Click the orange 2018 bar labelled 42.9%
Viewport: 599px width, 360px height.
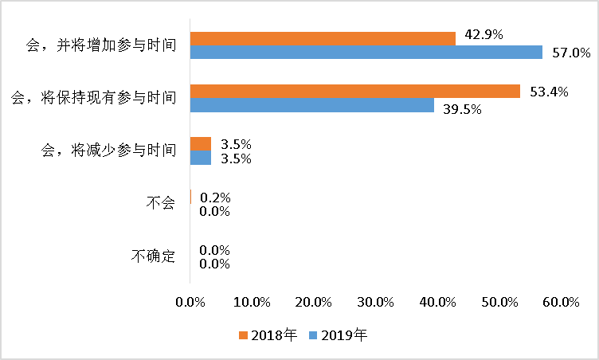pyautogui.click(x=323, y=38)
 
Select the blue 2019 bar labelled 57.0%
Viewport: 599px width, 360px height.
pyautogui.click(x=366, y=53)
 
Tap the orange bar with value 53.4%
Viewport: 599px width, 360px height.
pyautogui.click(x=354, y=91)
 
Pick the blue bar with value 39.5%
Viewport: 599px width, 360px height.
pyautogui.click(x=312, y=105)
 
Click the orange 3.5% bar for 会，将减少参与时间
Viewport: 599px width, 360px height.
pyautogui.click(x=201, y=143)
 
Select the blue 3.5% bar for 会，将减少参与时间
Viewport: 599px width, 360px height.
pyautogui.click(x=201, y=158)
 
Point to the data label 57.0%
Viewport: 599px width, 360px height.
pyautogui.click(x=570, y=53)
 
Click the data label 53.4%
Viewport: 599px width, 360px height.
pyautogui.click(x=548, y=92)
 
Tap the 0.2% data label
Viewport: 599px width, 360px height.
pyautogui.click(x=215, y=197)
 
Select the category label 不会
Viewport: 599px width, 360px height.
pyautogui.click(x=160, y=204)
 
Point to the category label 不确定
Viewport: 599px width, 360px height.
pyautogui.click(x=153, y=256)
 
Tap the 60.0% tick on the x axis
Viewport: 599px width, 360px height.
pyautogui.click(x=561, y=302)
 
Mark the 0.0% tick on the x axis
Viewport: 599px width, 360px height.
pyautogui.click(x=190, y=302)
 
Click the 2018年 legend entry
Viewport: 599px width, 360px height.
pyautogui.click(x=268, y=335)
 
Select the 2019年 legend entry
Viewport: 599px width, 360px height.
pyautogui.click(x=338, y=335)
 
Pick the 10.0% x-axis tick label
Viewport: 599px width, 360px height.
pyautogui.click(x=253, y=302)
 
